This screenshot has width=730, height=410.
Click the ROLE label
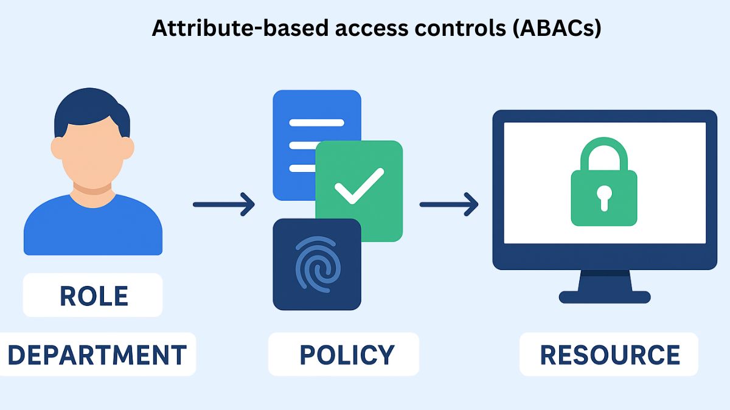93,296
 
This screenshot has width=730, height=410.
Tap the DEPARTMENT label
97,354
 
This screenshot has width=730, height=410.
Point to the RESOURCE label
610,354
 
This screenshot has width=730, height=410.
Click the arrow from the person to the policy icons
223,204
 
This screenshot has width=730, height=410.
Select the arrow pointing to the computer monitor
449,204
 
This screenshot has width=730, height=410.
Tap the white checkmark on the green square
359,186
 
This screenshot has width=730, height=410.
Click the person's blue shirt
92,228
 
